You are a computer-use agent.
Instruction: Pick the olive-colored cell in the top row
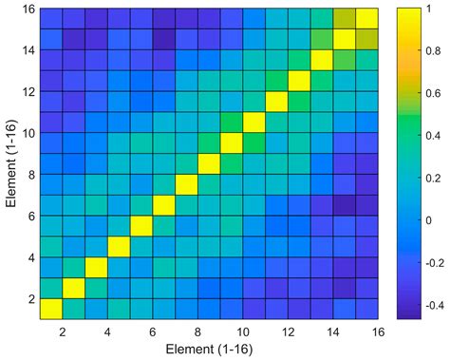[346, 17]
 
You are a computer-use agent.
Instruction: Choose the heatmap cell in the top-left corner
[50, 17]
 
